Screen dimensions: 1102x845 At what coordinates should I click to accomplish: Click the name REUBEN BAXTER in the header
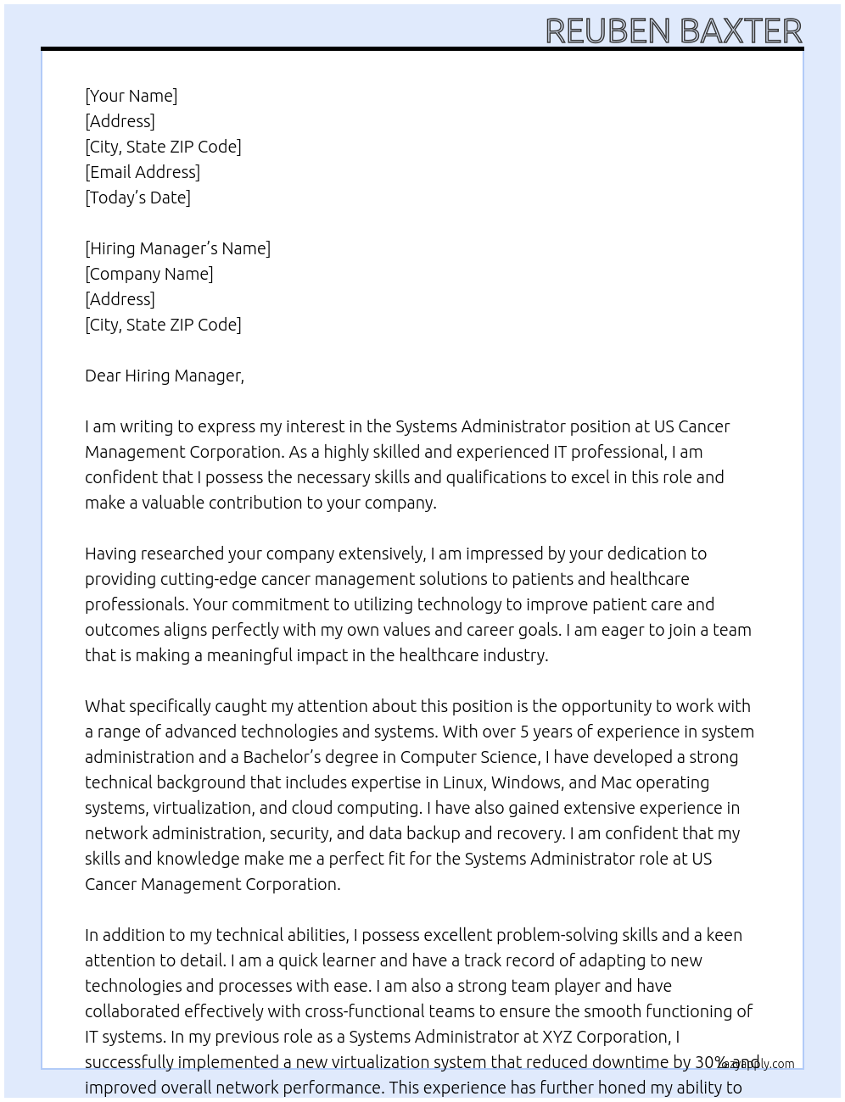point(673,31)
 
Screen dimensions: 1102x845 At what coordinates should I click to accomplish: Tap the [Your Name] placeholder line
point(131,96)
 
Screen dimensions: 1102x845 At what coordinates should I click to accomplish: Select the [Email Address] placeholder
point(142,172)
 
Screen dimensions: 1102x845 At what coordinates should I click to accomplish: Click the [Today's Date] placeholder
point(137,198)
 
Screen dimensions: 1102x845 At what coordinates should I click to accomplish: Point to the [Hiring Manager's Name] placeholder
point(177,248)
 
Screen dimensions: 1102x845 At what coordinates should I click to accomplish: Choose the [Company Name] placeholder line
point(148,274)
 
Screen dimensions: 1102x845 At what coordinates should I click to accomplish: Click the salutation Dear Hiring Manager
point(164,376)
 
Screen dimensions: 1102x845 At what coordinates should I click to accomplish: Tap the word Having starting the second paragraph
point(110,554)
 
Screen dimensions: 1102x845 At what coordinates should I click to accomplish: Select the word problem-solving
point(557,935)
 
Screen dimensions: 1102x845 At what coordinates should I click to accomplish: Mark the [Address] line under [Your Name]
point(120,121)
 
